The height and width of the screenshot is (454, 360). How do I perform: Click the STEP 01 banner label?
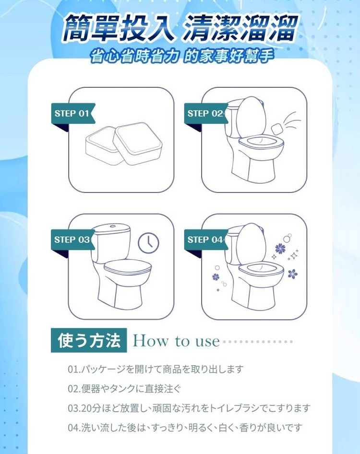(x=73, y=113)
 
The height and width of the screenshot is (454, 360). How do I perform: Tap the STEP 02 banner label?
(x=205, y=113)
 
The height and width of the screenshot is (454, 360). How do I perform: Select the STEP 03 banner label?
(x=72, y=240)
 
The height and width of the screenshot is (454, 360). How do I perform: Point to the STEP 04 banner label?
(x=205, y=240)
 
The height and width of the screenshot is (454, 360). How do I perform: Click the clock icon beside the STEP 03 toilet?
(x=148, y=242)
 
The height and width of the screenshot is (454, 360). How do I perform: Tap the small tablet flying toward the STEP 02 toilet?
(x=276, y=128)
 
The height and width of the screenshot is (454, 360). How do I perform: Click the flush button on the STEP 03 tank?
(x=113, y=226)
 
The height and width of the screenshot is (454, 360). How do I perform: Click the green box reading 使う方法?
(x=89, y=340)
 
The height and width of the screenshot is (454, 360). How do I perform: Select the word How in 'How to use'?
(x=150, y=341)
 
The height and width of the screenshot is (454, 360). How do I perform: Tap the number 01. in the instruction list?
(x=74, y=369)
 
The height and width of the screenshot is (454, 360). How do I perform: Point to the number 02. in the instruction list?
(x=74, y=389)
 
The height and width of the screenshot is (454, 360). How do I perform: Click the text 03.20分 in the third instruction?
(x=84, y=408)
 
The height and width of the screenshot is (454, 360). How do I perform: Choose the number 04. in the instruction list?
(x=74, y=427)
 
